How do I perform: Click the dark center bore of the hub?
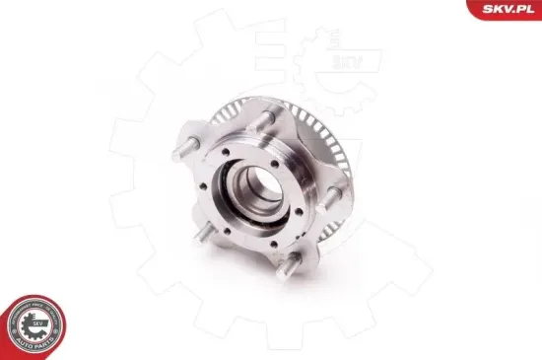(x=257, y=187)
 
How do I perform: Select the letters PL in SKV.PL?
(x=523, y=10)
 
